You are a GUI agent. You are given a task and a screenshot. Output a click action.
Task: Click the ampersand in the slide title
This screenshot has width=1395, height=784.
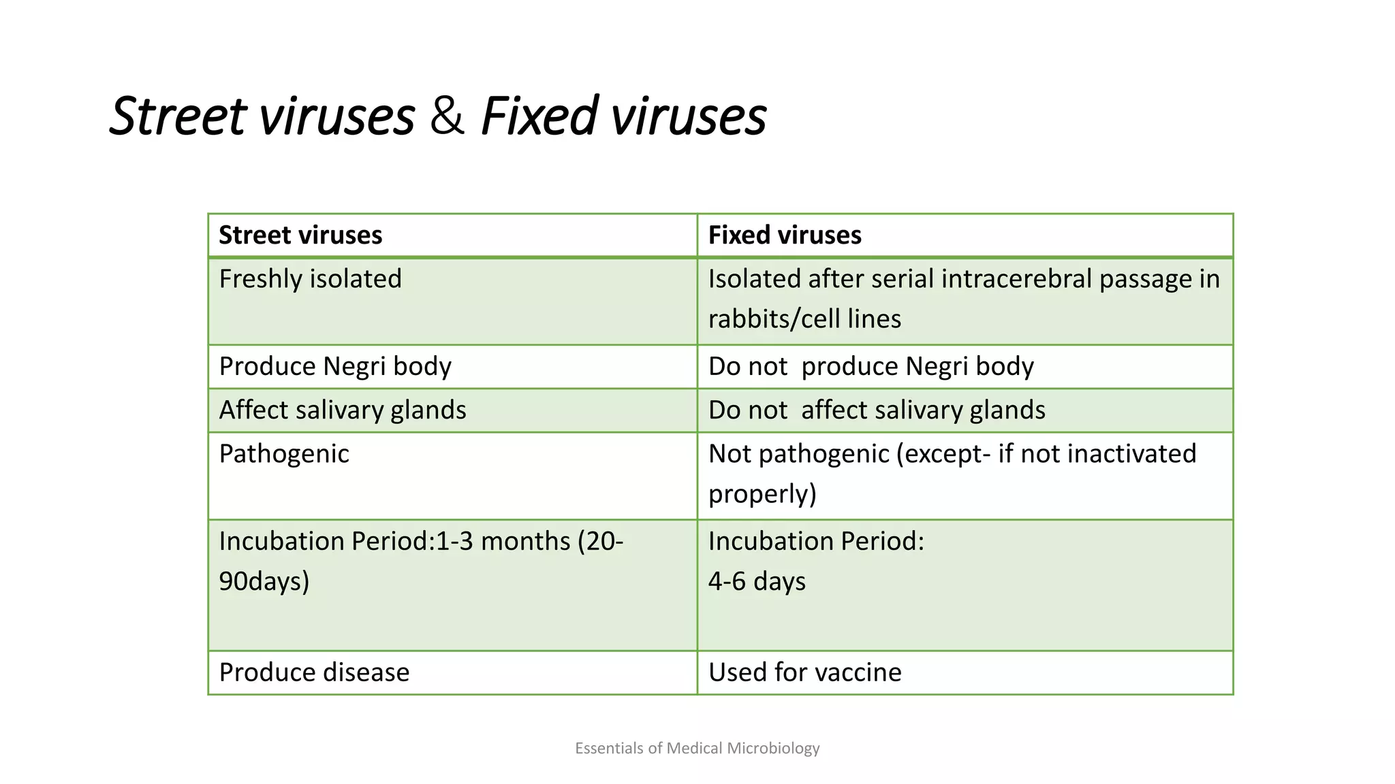pos(448,116)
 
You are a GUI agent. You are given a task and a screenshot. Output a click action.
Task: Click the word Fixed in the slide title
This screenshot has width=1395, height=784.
pos(539,116)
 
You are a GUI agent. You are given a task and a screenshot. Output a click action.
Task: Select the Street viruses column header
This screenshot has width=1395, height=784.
pos(300,235)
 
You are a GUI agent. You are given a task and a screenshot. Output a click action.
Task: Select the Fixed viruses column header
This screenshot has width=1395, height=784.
pos(785,235)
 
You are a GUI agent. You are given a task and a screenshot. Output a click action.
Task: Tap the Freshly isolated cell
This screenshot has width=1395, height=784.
pos(311,279)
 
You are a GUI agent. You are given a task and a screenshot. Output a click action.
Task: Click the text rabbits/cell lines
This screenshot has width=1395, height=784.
pos(804,319)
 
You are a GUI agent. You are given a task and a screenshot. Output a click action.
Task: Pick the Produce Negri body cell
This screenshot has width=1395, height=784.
pos(335,367)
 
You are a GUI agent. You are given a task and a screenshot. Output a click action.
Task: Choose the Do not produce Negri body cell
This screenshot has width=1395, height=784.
pos(871,367)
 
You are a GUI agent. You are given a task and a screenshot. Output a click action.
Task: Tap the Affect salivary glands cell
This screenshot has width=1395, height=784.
pos(343,410)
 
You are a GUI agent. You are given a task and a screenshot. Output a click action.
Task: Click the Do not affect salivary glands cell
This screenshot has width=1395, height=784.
pos(877,410)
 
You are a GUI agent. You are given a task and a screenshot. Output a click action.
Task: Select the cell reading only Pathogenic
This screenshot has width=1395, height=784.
pos(284,454)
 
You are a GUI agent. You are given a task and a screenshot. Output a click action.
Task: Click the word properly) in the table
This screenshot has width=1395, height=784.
pos(762,494)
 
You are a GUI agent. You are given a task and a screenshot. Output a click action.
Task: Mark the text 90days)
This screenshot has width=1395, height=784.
pos(264,582)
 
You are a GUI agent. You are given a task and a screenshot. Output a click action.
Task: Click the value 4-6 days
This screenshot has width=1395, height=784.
pos(757,582)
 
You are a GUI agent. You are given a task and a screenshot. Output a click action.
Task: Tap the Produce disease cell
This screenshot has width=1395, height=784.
pos(314,672)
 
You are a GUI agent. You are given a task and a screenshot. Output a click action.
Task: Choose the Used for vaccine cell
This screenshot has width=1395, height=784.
pos(804,672)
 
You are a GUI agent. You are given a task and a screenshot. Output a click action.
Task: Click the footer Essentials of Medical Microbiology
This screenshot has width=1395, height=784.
pos(697,749)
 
